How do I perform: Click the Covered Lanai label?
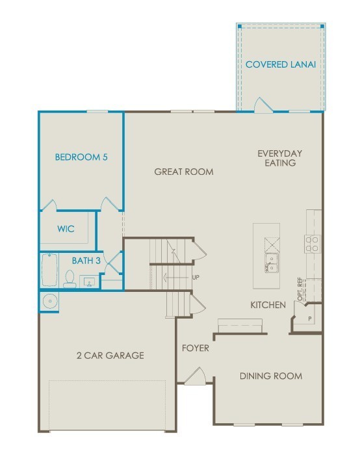tap(281, 64)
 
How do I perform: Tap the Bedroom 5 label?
tap(81, 157)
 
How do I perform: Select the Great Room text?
tap(184, 172)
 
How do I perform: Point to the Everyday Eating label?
tap(280, 158)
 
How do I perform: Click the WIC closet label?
tap(66, 229)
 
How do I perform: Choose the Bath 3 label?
tap(86, 261)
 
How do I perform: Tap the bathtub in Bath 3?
tap(49, 270)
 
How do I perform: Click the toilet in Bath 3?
tap(70, 279)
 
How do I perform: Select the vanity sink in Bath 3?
tap(89, 282)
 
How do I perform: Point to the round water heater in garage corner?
tap(50, 301)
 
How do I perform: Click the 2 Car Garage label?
tap(110, 356)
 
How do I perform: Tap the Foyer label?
tap(196, 348)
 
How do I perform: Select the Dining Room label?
tap(271, 376)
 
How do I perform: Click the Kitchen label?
tap(268, 305)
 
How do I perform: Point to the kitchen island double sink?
tap(272, 263)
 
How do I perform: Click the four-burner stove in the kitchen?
tap(312, 244)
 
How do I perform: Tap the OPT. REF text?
tap(300, 289)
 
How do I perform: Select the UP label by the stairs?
tap(196, 277)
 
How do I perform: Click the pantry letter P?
tap(310, 319)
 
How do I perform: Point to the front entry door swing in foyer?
tap(196, 376)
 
